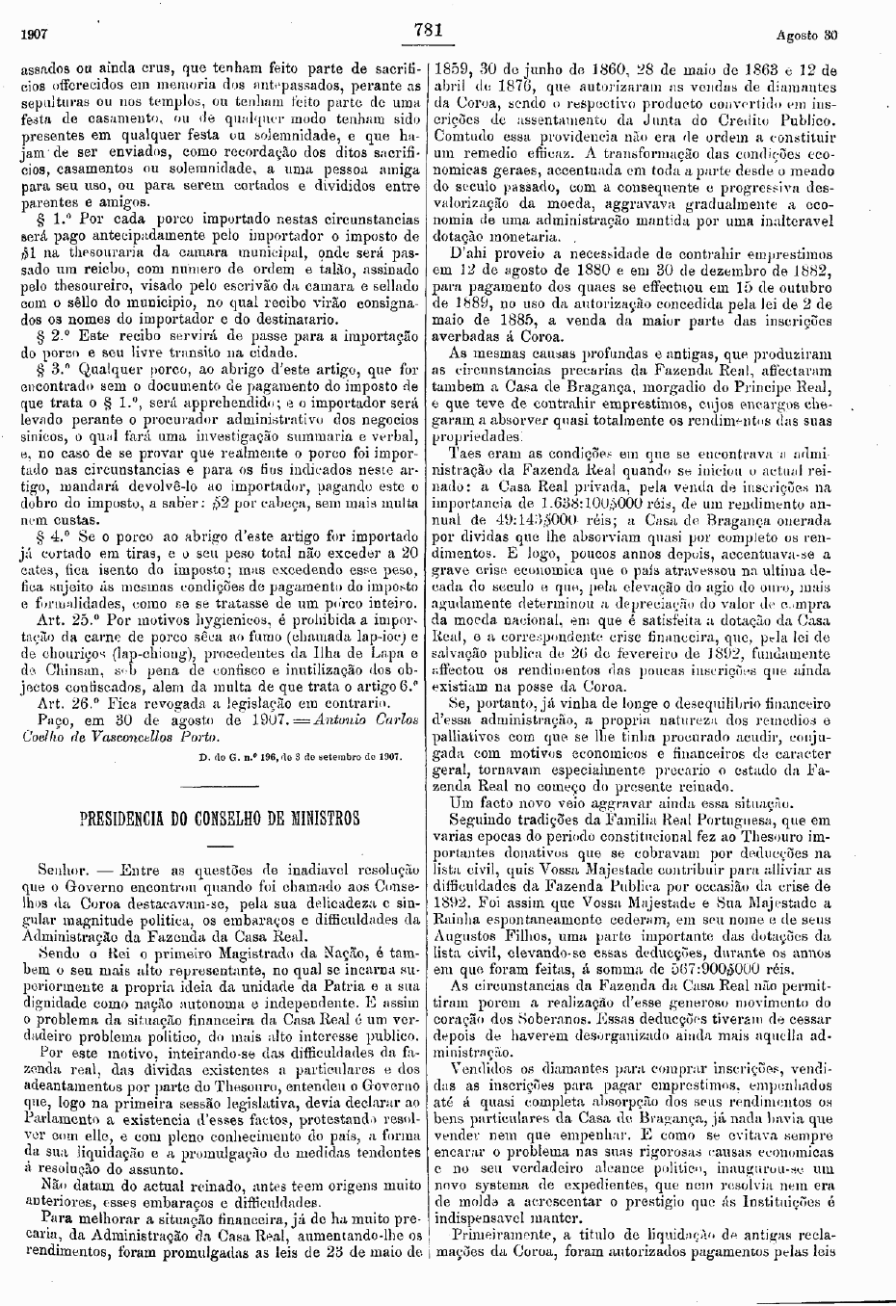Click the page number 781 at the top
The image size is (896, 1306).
coord(427,30)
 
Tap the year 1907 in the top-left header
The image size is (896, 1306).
coord(36,36)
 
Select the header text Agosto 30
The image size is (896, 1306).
coord(806,36)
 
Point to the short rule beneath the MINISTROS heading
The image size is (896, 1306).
coord(220,845)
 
